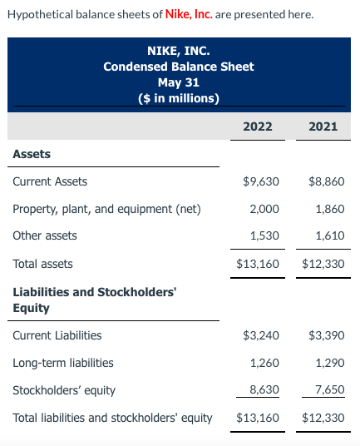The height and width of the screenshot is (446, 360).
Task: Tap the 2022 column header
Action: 257,126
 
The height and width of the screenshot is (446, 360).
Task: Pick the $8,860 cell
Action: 326,181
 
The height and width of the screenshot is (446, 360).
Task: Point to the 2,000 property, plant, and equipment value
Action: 265,209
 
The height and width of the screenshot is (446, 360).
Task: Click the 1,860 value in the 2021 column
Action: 330,209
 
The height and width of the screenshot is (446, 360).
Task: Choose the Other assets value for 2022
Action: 265,235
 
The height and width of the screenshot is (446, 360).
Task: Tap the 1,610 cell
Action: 330,235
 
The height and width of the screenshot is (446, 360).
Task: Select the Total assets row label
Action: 42,264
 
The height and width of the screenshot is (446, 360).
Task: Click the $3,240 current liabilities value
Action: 260,335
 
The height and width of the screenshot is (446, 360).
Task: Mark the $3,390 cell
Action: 326,335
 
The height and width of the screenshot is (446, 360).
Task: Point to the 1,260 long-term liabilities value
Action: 265,363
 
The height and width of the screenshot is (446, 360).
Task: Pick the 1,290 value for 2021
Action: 330,363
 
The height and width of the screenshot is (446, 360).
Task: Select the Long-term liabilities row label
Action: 63,363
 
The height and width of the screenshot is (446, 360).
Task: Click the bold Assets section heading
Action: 32,154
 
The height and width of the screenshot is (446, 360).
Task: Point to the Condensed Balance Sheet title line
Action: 179,67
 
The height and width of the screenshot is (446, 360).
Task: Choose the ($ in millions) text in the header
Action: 179,98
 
